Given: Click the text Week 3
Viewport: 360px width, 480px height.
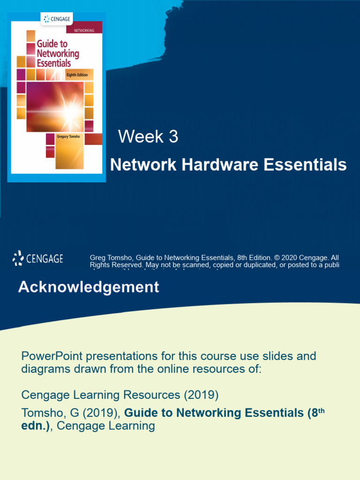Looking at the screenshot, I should coord(148,137).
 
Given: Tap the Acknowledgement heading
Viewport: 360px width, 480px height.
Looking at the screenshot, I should coord(89,287).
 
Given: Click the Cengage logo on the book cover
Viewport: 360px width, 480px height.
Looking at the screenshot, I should coord(58,19).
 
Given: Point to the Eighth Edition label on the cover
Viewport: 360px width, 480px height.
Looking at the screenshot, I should coord(78,75).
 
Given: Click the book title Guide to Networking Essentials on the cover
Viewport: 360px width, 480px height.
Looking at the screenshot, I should coord(58,53).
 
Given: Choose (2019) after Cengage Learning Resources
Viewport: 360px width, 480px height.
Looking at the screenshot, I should coord(201,395).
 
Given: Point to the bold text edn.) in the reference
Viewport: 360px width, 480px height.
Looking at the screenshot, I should coord(37,426).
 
